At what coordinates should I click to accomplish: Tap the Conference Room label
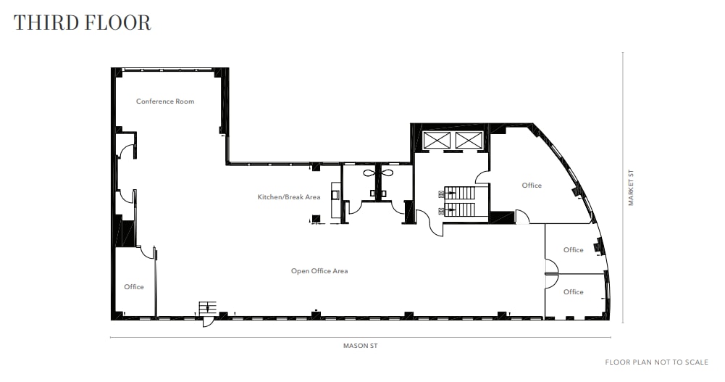pyautogui.click(x=165, y=101)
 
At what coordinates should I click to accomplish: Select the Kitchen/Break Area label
pyautogui.click(x=289, y=197)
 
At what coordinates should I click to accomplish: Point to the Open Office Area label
pyautogui.click(x=319, y=271)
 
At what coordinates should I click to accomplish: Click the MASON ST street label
pyautogui.click(x=360, y=346)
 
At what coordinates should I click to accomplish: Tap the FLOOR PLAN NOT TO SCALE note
pyautogui.click(x=656, y=362)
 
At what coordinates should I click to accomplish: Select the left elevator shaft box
pyautogui.click(x=436, y=141)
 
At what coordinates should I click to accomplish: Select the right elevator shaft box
pyautogui.click(x=468, y=141)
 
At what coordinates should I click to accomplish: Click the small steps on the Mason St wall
pyautogui.click(x=207, y=307)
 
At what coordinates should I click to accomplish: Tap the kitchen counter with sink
pyautogui.click(x=335, y=202)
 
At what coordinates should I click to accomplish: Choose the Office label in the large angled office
pyautogui.click(x=532, y=186)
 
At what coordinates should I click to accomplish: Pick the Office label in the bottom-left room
pyautogui.click(x=134, y=287)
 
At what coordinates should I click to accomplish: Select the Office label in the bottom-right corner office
pyautogui.click(x=573, y=292)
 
